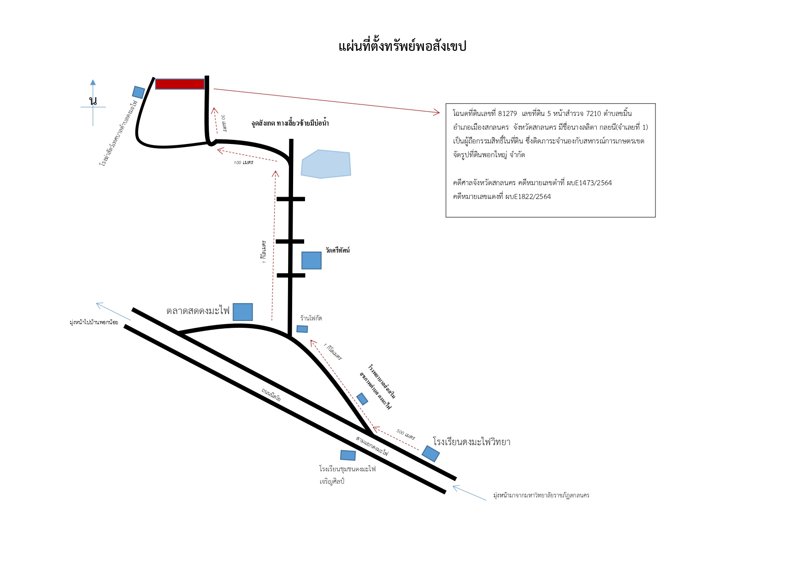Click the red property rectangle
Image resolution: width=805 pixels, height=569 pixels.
(x=180, y=84)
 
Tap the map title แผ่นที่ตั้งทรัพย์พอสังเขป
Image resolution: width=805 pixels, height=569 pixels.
(x=402, y=46)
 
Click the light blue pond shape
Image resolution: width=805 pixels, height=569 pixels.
(x=326, y=164)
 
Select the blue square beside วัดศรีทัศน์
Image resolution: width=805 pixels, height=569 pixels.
(x=311, y=260)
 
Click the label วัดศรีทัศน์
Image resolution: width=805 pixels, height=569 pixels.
(x=338, y=250)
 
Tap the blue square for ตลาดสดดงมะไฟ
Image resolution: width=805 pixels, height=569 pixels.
(x=243, y=312)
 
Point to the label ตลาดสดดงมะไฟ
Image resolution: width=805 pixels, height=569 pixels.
(x=198, y=311)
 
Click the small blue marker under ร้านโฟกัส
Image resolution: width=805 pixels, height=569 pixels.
(x=302, y=329)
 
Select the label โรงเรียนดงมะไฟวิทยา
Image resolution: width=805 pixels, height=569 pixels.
(x=472, y=442)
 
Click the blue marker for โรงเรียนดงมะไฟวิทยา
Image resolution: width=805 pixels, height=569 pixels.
(x=431, y=453)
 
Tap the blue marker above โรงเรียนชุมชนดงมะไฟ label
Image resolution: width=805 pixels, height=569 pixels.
(x=348, y=455)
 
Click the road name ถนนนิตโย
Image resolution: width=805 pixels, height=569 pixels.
(x=271, y=395)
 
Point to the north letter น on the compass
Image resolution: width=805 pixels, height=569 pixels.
(x=93, y=100)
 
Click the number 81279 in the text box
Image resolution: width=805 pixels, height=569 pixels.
(x=507, y=114)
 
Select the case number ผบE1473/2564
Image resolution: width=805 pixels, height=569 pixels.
(x=589, y=183)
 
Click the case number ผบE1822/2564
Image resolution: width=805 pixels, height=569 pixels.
(x=528, y=197)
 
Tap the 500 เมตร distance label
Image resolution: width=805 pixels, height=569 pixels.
(x=405, y=435)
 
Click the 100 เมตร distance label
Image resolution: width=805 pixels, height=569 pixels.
(x=244, y=162)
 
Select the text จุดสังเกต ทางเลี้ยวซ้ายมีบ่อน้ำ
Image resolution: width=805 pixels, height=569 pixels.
(x=290, y=123)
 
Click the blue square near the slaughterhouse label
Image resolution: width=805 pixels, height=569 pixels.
(x=139, y=92)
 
